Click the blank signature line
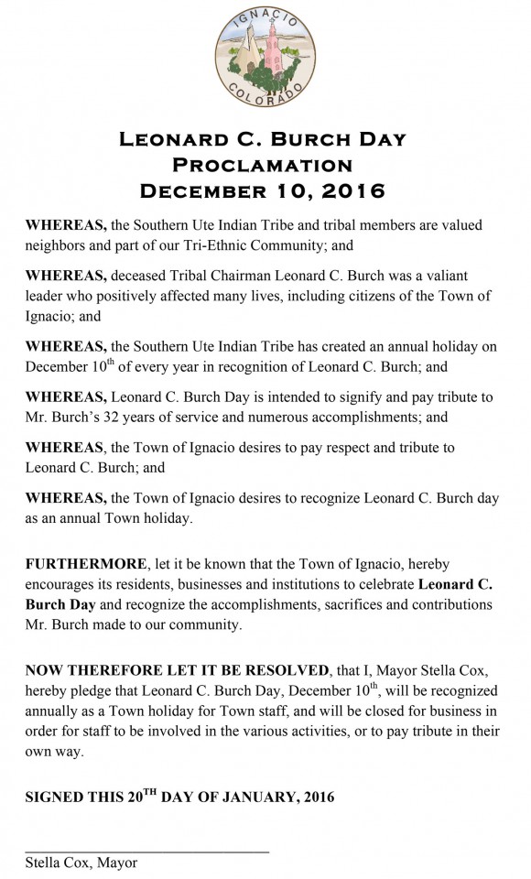click(146, 851)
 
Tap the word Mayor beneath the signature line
click(117, 863)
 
